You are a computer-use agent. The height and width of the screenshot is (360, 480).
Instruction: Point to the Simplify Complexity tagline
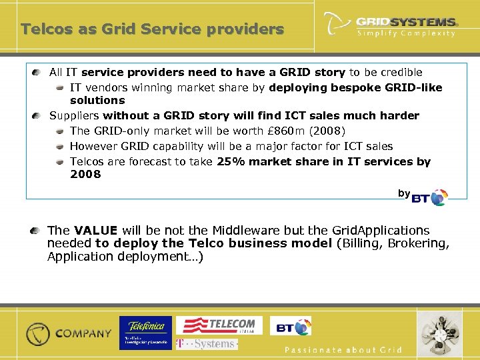click(x=406, y=33)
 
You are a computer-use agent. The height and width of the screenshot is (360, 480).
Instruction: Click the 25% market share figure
click(x=233, y=161)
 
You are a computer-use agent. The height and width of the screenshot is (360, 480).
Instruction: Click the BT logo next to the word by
click(x=430, y=197)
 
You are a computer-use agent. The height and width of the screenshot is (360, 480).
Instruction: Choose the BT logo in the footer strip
click(x=293, y=327)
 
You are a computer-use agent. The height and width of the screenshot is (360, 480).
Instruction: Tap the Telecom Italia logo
click(x=219, y=325)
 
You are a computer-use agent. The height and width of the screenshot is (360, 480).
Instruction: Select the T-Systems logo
click(x=206, y=344)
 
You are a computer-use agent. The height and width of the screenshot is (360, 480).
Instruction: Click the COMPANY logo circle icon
click(x=38, y=333)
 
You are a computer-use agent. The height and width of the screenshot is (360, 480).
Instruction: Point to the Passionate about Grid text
click(x=343, y=350)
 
